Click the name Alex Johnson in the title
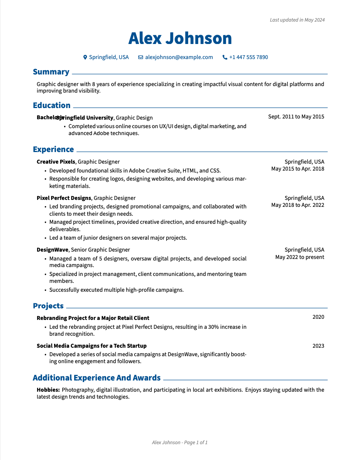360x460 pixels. (180, 39)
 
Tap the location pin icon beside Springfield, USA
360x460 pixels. (85, 57)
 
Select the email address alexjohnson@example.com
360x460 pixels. (179, 57)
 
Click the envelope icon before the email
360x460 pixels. (141, 57)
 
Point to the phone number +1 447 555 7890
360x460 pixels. (248, 57)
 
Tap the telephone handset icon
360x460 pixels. (225, 57)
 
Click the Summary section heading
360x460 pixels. (51, 72)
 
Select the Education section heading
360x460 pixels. (52, 106)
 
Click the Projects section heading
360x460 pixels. (48, 306)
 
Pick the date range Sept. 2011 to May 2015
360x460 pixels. (296, 117)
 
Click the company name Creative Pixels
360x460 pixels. (56, 162)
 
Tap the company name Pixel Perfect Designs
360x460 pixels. (64, 198)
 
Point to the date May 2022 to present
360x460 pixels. (300, 257)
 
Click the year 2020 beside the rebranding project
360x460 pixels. (318, 317)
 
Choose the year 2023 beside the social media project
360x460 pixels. (318, 346)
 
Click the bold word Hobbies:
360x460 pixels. (48, 390)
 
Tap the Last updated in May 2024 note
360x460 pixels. (297, 20)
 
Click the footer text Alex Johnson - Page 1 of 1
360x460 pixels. (180, 443)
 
